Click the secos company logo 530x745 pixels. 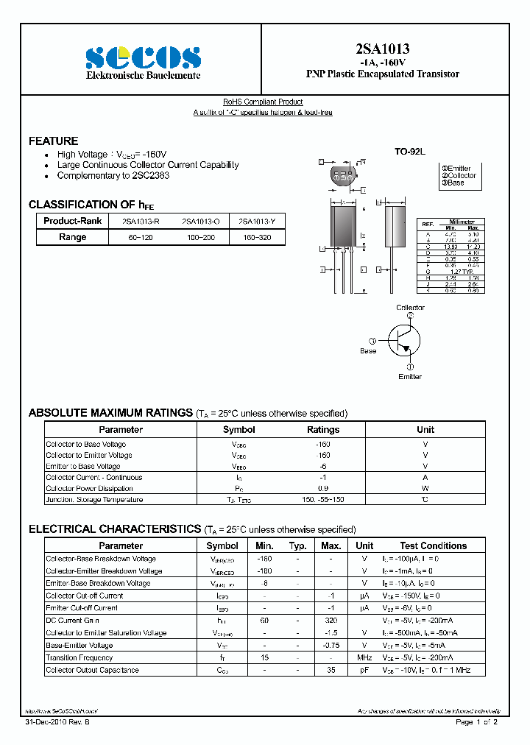click(143, 57)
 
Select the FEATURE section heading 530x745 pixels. click(53, 141)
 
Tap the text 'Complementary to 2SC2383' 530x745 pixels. click(113, 176)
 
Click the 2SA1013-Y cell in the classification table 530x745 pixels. click(257, 221)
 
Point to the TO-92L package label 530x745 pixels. click(410, 151)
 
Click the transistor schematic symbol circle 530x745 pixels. click(405, 339)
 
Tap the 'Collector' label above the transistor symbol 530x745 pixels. click(410, 308)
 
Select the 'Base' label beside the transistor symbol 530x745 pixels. click(368, 350)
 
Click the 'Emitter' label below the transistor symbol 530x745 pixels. click(410, 376)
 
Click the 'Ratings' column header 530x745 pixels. click(323, 429)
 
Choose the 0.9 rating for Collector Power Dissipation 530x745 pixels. click(323, 488)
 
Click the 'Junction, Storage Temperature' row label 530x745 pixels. click(94, 499)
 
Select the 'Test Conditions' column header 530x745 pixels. click(433, 545)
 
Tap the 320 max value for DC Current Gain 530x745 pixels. click(331, 621)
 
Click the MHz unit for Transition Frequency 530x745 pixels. click(364, 657)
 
